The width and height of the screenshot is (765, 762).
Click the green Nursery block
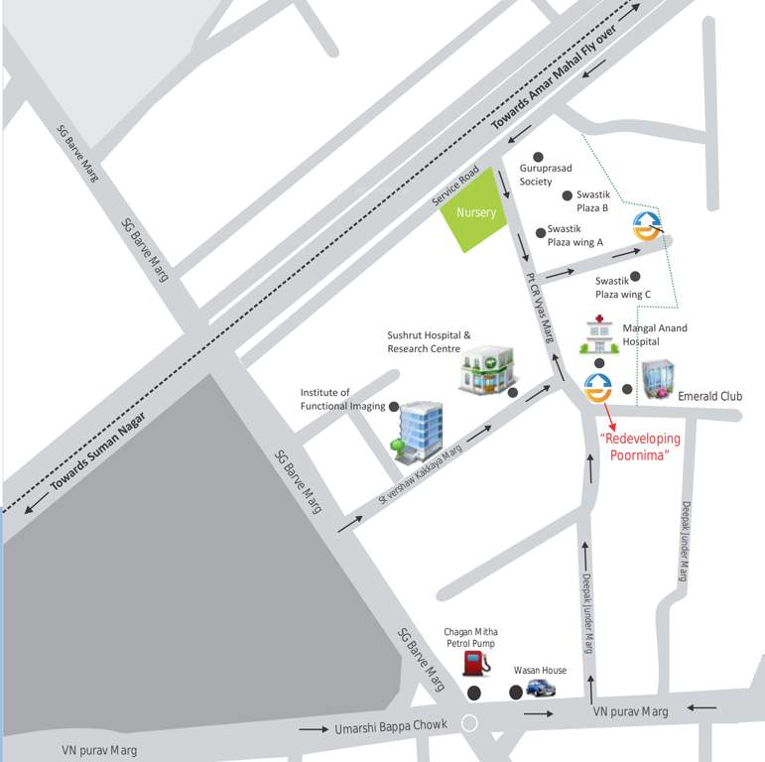pos(475,211)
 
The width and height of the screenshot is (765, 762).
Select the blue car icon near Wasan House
pos(540,688)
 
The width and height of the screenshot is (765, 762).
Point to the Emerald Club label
pos(709,396)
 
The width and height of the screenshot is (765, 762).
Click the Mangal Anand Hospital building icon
pos(599,336)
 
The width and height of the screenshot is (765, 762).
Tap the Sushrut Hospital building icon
pos(488,369)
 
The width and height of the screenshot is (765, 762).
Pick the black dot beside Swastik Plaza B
pos(568,195)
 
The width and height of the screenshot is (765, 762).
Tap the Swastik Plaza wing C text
pos(623,288)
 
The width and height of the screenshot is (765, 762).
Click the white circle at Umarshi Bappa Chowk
pos(470,724)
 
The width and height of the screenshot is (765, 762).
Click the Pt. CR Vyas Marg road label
pos(541,308)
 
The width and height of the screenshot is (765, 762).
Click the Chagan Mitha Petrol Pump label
pos(471,637)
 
